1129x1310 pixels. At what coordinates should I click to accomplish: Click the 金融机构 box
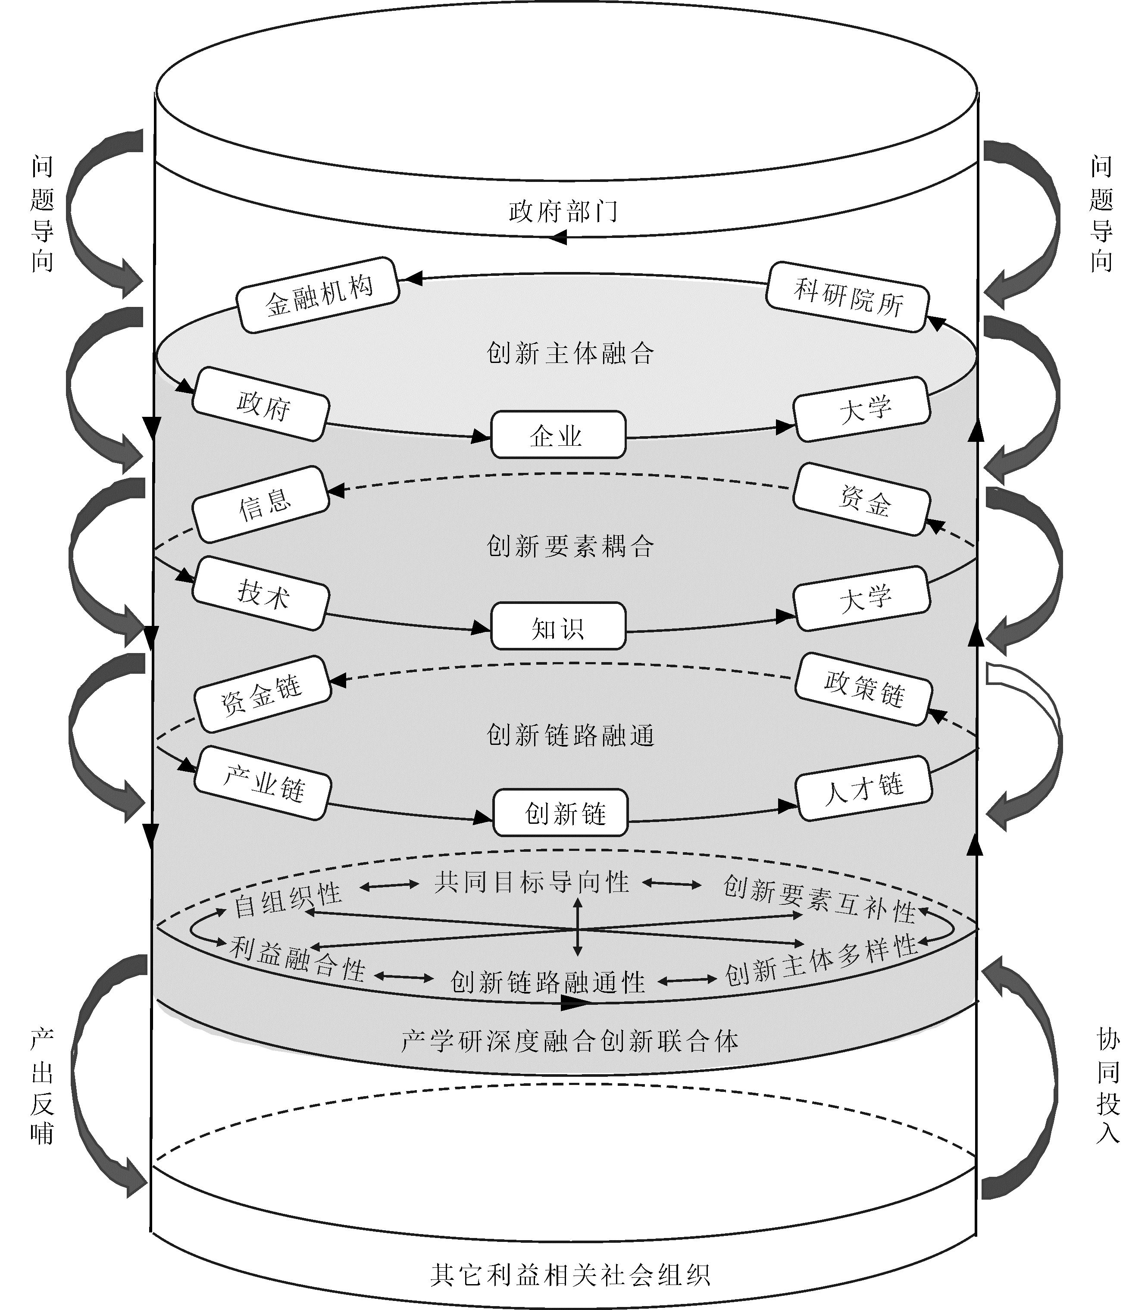[318, 294]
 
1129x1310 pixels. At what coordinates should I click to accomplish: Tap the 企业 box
[558, 435]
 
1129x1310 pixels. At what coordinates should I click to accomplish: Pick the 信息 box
[260, 504]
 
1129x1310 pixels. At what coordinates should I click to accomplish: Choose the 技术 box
[260, 593]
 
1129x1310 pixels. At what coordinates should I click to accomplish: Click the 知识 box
[558, 626]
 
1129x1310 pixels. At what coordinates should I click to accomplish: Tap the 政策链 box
[863, 688]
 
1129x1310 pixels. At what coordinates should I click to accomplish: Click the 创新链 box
[560, 813]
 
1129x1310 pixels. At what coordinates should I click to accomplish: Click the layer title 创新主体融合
[570, 353]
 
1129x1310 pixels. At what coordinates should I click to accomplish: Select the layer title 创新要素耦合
[570, 546]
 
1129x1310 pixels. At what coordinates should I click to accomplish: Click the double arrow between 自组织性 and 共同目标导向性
[389, 886]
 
